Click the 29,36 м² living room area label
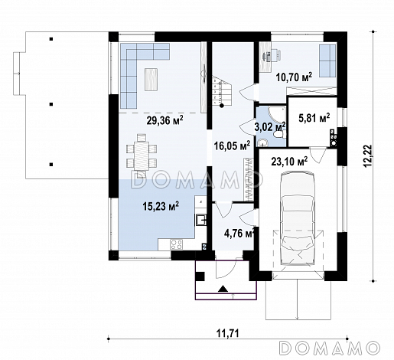click(165, 120)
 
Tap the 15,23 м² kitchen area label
click(161, 206)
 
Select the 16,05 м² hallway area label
click(232, 146)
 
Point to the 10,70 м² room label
click(294, 77)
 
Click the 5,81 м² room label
click(314, 118)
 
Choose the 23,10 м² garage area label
click(289, 162)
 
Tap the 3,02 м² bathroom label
click(270, 126)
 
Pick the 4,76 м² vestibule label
click(239, 234)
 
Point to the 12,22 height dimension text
click(368, 156)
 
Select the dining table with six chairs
click(141, 155)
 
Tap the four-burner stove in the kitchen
click(177, 244)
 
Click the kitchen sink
click(201, 220)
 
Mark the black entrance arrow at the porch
click(223, 288)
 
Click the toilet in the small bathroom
click(281, 134)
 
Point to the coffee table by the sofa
click(151, 79)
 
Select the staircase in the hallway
click(222, 91)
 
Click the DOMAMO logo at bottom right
click(329, 348)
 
